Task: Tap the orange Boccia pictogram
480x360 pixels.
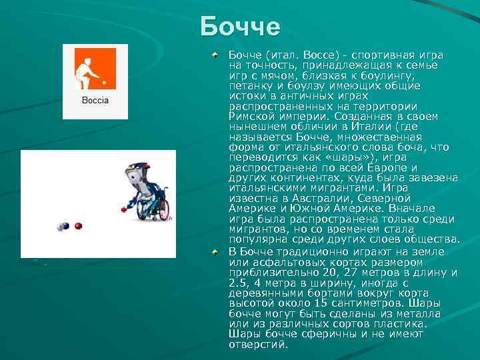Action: pyautogui.click(x=95, y=69)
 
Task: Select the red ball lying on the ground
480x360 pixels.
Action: pyautogui.click(x=78, y=226)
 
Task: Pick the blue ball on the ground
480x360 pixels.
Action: pyautogui.click(x=63, y=227)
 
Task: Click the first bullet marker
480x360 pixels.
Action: pyautogui.click(x=215, y=53)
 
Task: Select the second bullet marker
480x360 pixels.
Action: pyautogui.click(x=215, y=251)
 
